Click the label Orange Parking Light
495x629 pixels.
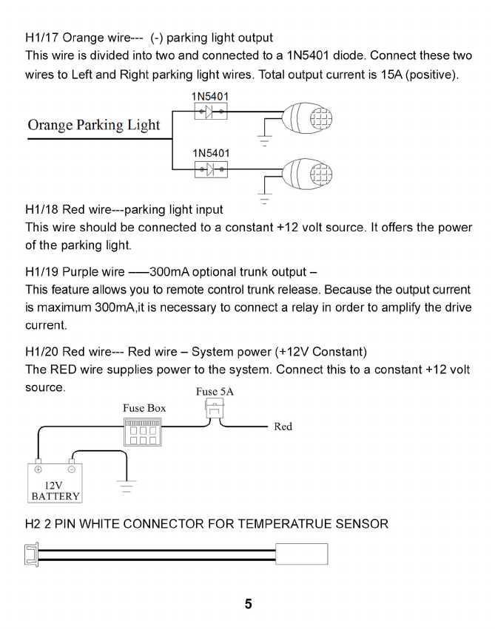[93, 124]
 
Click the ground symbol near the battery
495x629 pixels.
[127, 486]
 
